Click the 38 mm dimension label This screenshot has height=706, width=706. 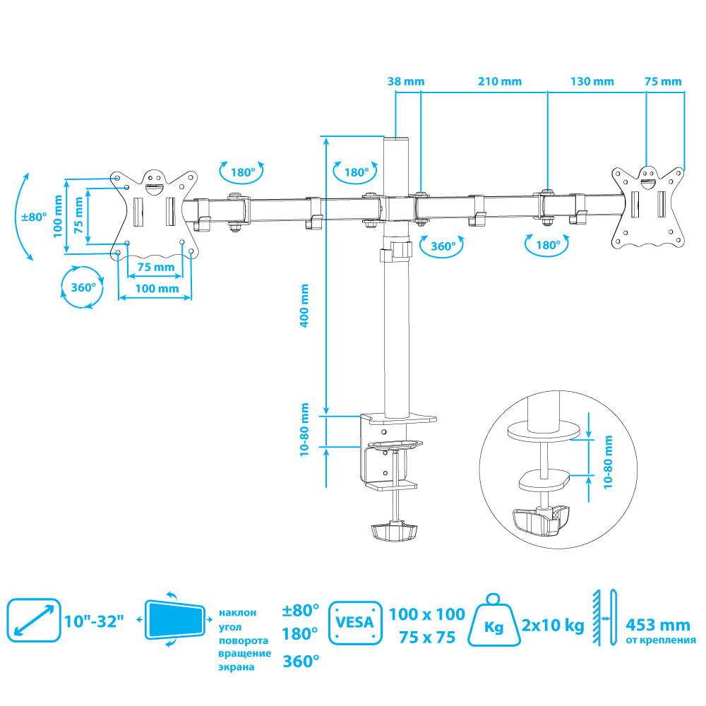pos(406,81)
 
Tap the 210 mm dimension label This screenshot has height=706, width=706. pos(500,81)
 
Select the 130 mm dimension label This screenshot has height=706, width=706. pos(592,81)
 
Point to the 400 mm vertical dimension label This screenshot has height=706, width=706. pos(304,305)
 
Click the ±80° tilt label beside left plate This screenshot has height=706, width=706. pos(33,217)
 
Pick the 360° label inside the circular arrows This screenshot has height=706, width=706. pos(83,287)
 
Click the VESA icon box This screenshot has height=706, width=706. pos(355,623)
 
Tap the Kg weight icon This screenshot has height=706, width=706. pos(495,621)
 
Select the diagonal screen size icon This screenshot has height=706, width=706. pos(33,621)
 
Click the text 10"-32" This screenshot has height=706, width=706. pos(93,622)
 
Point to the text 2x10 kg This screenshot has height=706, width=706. pos(553,625)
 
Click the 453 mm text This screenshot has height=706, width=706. pos(658,625)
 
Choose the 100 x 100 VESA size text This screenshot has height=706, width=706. pos(427,614)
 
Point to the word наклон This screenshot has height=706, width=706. pos(238,613)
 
